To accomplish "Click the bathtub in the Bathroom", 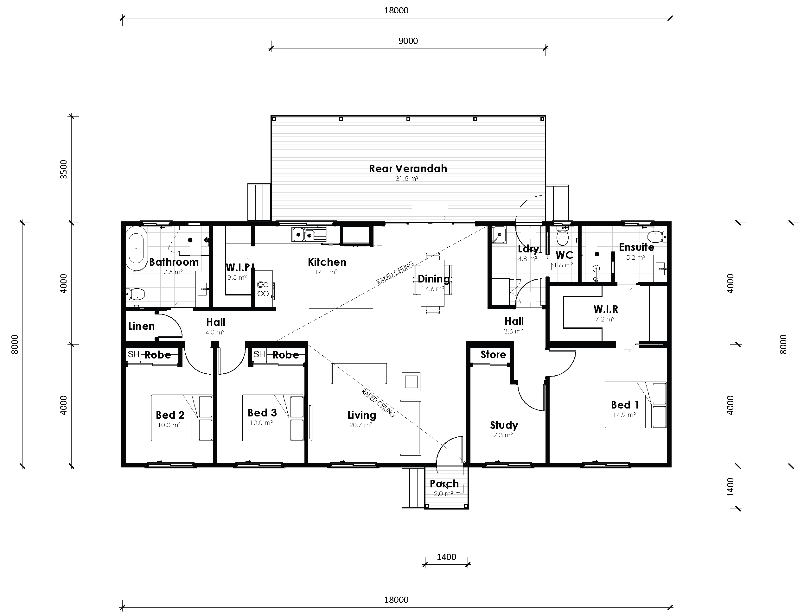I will (136, 249).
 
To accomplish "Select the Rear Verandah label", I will (407, 169).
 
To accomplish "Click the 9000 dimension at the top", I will (408, 41).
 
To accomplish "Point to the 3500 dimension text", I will (64, 169).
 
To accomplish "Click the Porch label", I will (444, 484).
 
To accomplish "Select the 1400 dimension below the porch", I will (446, 557).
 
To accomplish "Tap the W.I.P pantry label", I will (238, 267).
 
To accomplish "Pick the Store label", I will (493, 354).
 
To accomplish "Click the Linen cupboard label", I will (141, 326).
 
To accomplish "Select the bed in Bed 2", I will (182, 418).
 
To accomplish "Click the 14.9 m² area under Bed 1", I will (624, 415).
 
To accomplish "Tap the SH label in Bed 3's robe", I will (259, 354).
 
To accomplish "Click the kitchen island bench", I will (341, 295).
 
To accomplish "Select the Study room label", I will (504, 425).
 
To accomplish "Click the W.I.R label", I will (606, 309).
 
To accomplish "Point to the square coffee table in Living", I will (411, 382).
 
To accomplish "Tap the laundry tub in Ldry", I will (498, 235).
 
